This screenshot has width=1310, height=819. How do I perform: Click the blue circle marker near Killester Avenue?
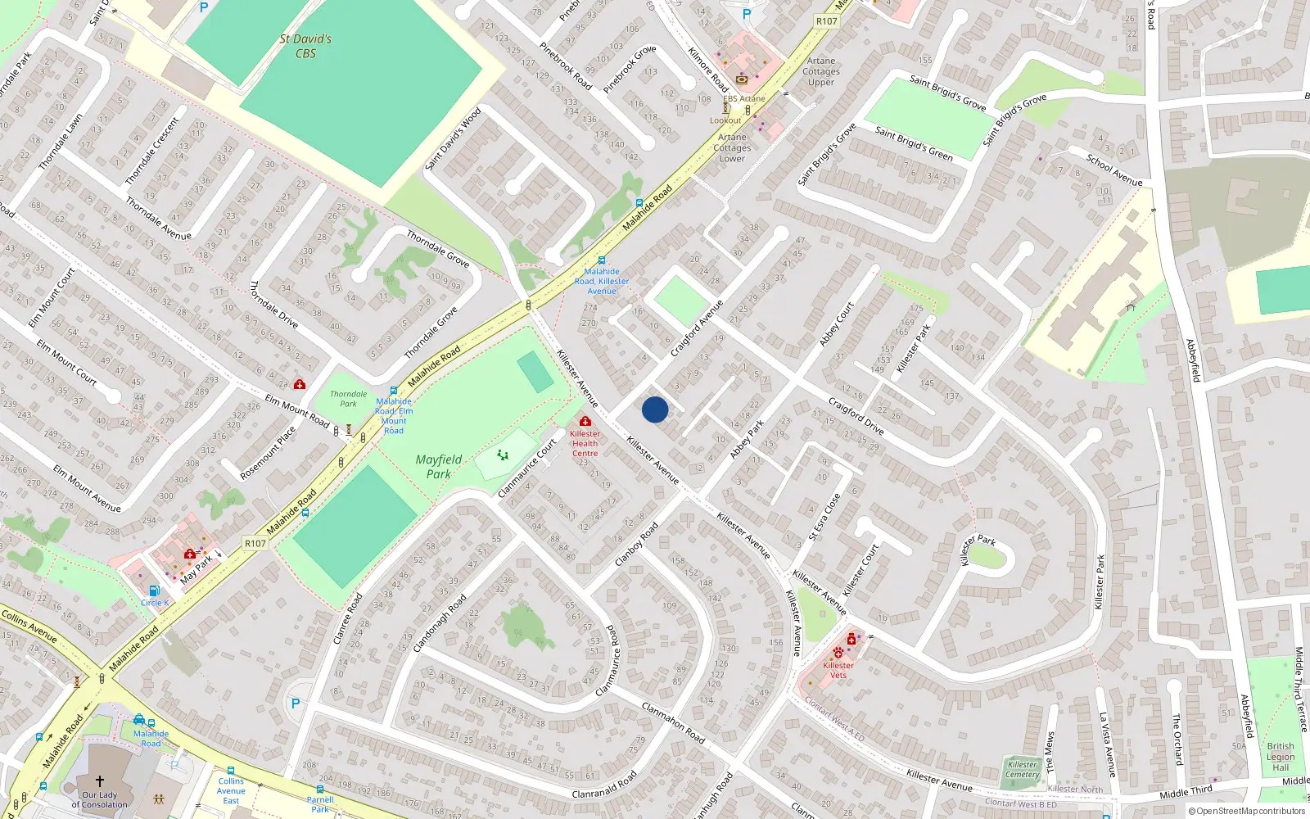tap(655, 409)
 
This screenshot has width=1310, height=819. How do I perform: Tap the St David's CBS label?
tap(305, 46)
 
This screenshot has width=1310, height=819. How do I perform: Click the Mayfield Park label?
tap(438, 467)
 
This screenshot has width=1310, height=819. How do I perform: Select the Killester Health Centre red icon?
tap(585, 421)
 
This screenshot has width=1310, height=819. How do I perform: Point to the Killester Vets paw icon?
tap(838, 654)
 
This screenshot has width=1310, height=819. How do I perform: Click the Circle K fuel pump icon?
tap(154, 590)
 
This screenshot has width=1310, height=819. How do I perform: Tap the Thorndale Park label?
tap(348, 399)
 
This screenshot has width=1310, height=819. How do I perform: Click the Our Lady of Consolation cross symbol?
tap(100, 781)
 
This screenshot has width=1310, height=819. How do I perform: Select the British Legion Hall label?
tap(1281, 757)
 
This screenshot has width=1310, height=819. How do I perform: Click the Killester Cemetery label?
tap(1022, 769)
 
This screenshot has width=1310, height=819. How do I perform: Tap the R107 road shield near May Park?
tap(255, 543)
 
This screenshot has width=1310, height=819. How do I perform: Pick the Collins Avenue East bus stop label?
tap(231, 790)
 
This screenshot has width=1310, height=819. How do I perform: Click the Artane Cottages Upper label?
tap(820, 71)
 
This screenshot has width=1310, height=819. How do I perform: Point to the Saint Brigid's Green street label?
tap(913, 143)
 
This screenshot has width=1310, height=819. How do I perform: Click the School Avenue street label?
tap(1113, 169)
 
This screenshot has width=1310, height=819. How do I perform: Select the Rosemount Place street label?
tap(268, 453)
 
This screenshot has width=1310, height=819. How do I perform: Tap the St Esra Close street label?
tap(824, 517)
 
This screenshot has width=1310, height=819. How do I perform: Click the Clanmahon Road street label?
tap(672, 722)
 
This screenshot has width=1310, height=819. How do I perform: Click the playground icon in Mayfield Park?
tap(503, 455)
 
